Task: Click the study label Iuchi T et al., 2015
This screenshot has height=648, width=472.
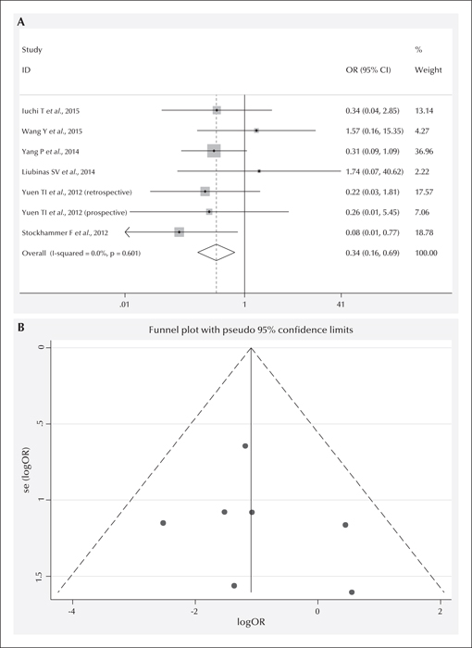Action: click(50, 111)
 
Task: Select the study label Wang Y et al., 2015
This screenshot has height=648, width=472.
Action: click(52, 131)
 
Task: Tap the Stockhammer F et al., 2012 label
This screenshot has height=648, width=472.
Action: click(65, 232)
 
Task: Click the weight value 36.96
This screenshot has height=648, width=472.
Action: click(424, 151)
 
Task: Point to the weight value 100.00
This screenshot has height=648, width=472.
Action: click(426, 253)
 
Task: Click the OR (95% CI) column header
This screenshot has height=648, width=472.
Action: click(368, 69)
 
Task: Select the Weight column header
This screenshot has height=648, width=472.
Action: click(429, 69)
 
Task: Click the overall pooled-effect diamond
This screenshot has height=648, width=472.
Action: click(217, 253)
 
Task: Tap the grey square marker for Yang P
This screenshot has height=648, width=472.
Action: click(214, 151)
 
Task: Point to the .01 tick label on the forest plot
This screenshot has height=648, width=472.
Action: click(124, 305)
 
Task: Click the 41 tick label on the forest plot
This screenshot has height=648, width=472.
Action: click(341, 305)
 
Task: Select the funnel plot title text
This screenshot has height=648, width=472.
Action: click(251, 330)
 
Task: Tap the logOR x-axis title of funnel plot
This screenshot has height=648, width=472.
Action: click(251, 621)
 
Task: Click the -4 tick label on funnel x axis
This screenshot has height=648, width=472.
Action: click(72, 611)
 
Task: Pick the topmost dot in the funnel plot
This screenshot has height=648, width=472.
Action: click(245, 446)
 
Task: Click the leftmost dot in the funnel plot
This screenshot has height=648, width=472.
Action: click(163, 523)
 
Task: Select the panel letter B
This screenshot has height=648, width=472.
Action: click(20, 328)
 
